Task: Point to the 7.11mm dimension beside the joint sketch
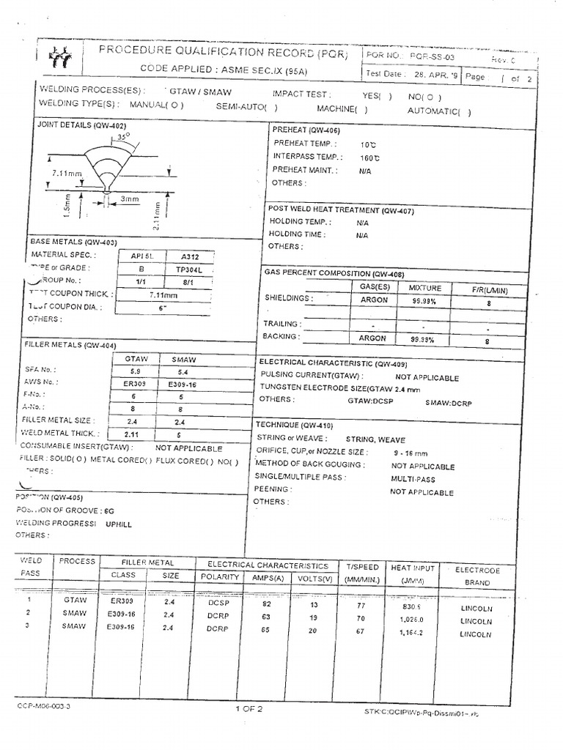[66, 174]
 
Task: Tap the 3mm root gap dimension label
[129, 199]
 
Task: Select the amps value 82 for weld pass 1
[266, 604]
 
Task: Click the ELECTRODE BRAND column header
[476, 576]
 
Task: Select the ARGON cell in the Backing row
[372, 338]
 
